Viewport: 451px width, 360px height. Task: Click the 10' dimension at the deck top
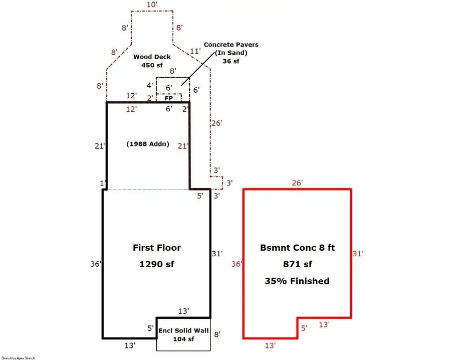coord(151,5)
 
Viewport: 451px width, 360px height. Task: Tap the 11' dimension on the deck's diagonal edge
coord(195,51)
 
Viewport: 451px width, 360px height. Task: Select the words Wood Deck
coord(151,57)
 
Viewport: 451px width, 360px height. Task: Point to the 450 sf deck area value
coord(151,65)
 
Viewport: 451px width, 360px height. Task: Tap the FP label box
coord(169,98)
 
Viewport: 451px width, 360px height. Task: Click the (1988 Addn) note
coord(148,144)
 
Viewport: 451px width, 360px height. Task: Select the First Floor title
coord(157,248)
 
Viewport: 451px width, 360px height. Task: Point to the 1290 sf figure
coord(157,264)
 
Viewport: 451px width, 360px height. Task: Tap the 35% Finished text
coord(297,281)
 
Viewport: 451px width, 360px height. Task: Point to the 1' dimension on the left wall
coord(103,184)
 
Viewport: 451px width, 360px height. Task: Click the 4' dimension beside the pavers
coord(149,86)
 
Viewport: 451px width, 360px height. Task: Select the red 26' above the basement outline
coord(298,183)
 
